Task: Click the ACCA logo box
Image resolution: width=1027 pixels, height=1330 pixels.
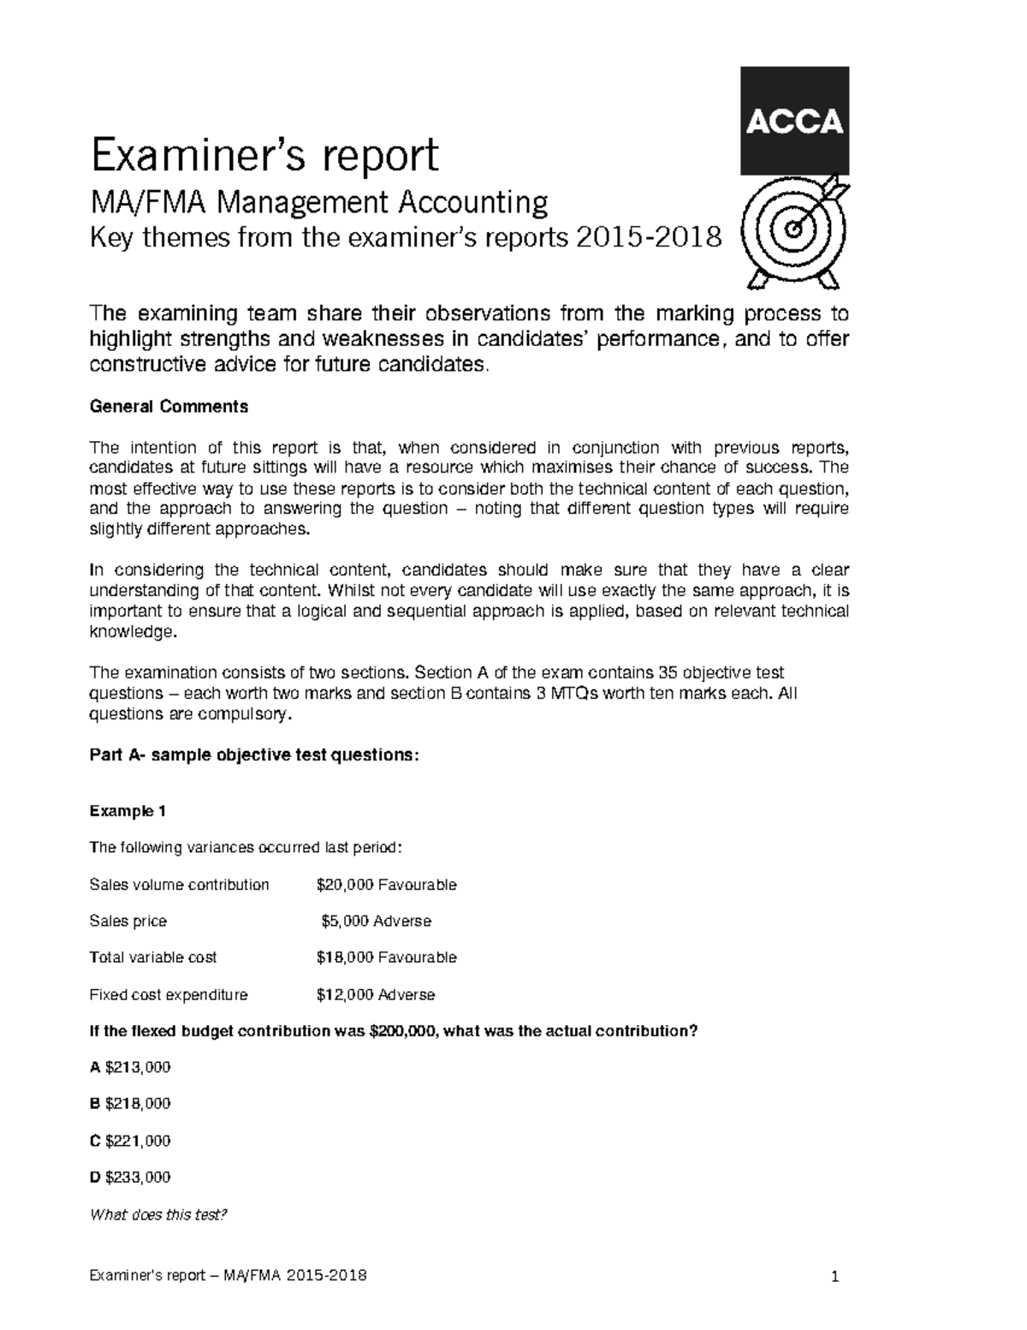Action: (795, 120)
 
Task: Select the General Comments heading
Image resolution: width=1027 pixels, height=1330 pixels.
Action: (169, 407)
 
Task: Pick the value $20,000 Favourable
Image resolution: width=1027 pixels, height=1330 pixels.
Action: (386, 885)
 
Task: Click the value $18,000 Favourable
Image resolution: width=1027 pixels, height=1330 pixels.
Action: (386, 957)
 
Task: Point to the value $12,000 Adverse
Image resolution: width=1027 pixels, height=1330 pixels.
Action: (375, 995)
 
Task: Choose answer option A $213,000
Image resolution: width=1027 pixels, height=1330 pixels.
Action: (130, 1067)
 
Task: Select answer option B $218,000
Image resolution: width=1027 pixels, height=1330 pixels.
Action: (130, 1104)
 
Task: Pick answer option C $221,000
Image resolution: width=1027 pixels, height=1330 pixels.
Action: (130, 1141)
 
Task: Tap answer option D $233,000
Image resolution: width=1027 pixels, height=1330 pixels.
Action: (130, 1177)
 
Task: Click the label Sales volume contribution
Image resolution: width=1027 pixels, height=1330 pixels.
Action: (179, 885)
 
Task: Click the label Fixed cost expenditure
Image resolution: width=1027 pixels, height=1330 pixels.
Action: (169, 995)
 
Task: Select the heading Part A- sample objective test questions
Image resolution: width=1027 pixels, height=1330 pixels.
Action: (255, 755)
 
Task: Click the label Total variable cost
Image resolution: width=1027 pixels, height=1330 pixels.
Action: (153, 957)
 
